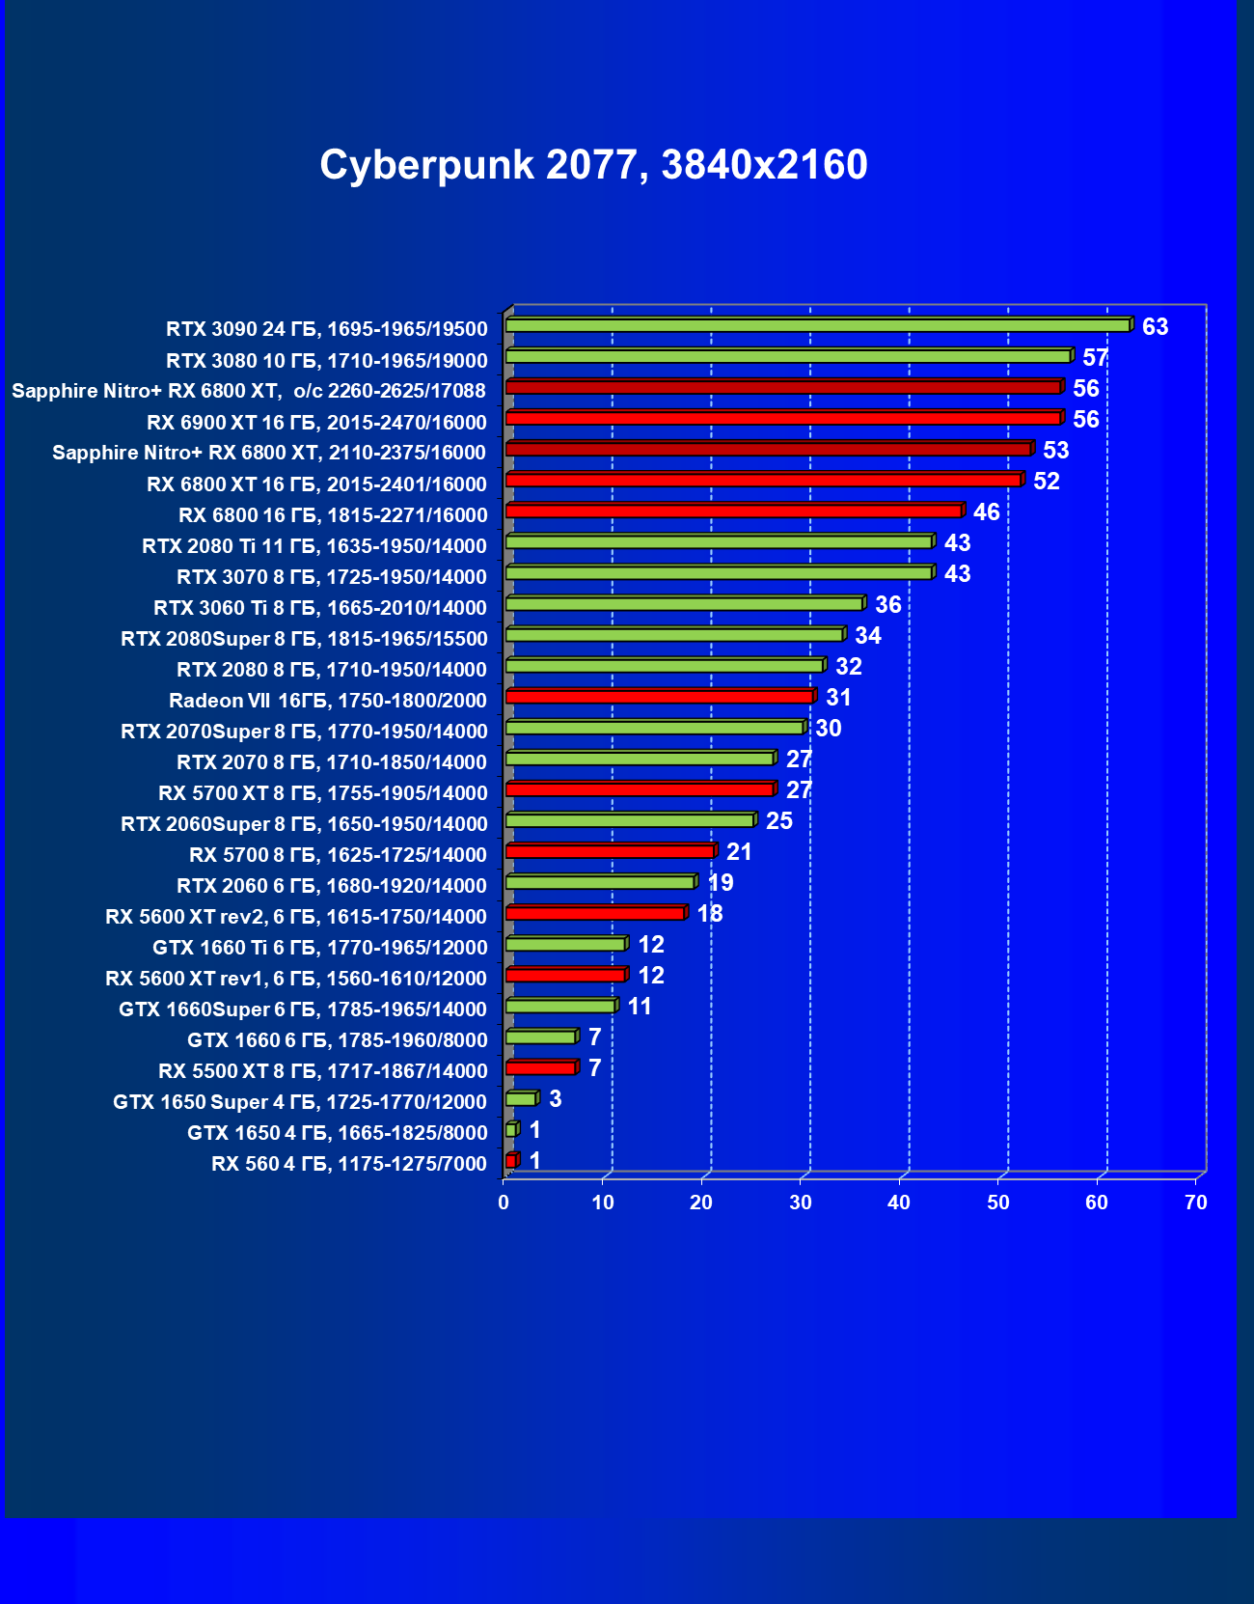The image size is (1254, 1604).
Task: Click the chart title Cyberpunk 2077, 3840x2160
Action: [x=593, y=165]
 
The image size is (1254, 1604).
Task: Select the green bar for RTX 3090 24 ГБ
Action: [x=817, y=325]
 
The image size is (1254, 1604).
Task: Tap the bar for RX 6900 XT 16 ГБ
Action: [x=782, y=418]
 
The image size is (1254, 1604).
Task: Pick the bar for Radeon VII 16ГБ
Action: [x=659, y=696]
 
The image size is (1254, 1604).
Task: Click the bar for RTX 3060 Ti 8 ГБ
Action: [x=684, y=603]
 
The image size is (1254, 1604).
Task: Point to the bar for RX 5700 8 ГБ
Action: [x=610, y=850]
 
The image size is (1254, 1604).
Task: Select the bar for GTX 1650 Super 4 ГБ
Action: [x=521, y=1098]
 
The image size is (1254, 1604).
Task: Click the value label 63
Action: [x=1155, y=327]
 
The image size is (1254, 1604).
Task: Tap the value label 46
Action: [x=986, y=512]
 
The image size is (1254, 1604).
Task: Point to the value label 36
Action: [x=887, y=605]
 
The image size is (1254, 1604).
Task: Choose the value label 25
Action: [x=778, y=821]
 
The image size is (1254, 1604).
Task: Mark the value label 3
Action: [x=555, y=1099]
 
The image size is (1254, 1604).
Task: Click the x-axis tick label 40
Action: [x=899, y=1203]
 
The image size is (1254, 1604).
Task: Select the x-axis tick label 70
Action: [x=1195, y=1203]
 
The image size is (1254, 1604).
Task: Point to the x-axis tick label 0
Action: [x=504, y=1203]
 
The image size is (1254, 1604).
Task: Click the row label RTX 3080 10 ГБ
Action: [x=326, y=361]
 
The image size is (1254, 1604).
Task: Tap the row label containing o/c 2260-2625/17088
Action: [x=249, y=391]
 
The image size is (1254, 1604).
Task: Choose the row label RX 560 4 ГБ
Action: [x=348, y=1164]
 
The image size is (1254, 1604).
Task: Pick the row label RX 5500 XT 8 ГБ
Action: [x=322, y=1071]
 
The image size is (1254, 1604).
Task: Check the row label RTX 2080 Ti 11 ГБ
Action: [x=313, y=546]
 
